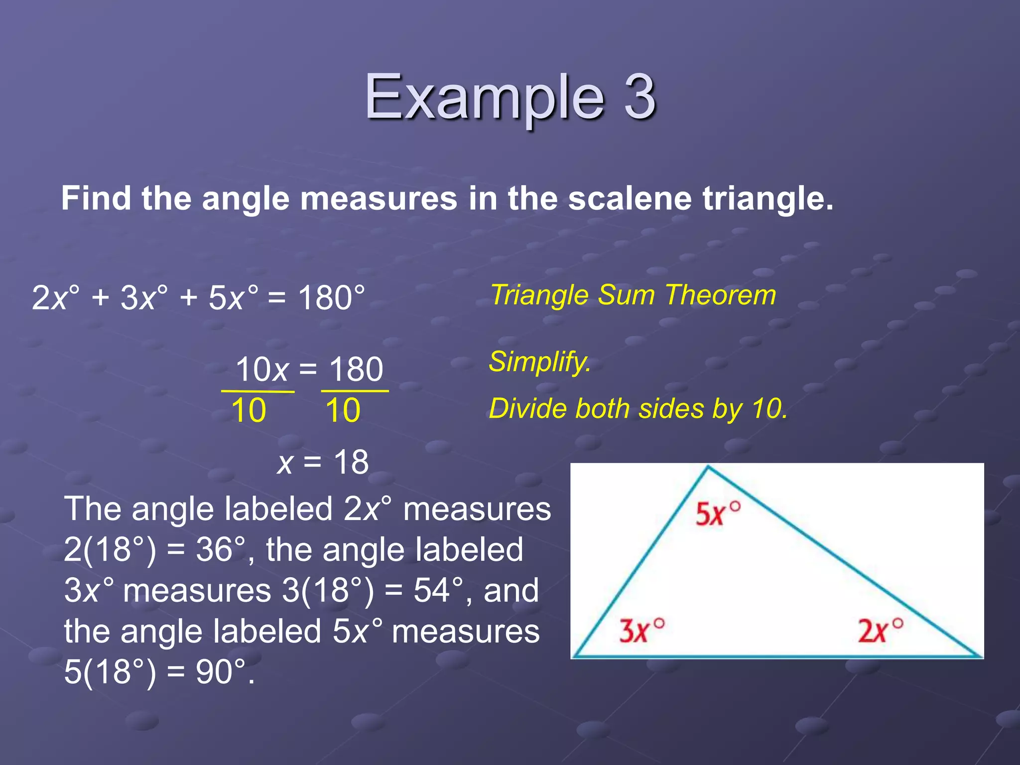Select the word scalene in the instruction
tap(630, 199)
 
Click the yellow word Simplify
tap(539, 361)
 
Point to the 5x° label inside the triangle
tap(717, 514)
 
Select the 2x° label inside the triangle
tap(880, 631)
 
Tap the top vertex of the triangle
tap(708, 467)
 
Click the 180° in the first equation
tap(331, 298)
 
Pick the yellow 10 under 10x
tap(249, 411)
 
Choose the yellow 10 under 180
tap(343, 411)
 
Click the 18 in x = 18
tap(351, 462)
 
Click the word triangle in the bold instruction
tap(767, 199)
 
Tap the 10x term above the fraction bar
tap(262, 370)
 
